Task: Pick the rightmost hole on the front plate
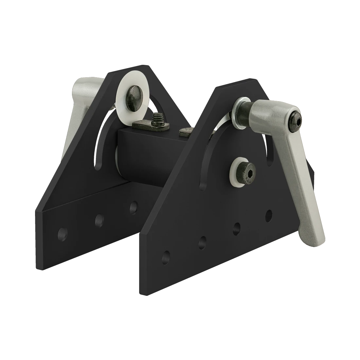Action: pyautogui.click(x=269, y=215)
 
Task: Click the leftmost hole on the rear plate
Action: pyautogui.click(x=61, y=234)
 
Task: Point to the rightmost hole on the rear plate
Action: pyautogui.click(x=133, y=207)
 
